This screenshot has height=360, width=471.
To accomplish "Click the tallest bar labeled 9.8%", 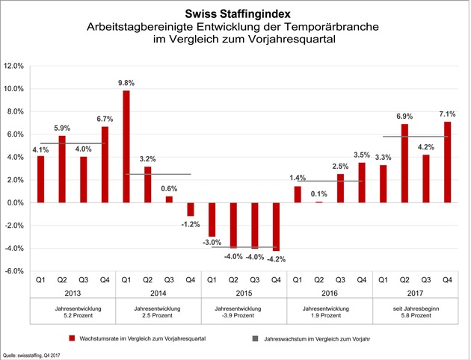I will click(126, 146).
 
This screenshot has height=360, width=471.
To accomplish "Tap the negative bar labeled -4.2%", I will click(275, 226).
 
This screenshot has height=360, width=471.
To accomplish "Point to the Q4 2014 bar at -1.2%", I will click(190, 209).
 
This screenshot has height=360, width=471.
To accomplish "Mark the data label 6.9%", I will click(404, 117).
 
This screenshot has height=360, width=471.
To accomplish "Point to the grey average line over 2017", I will click(415, 137).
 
